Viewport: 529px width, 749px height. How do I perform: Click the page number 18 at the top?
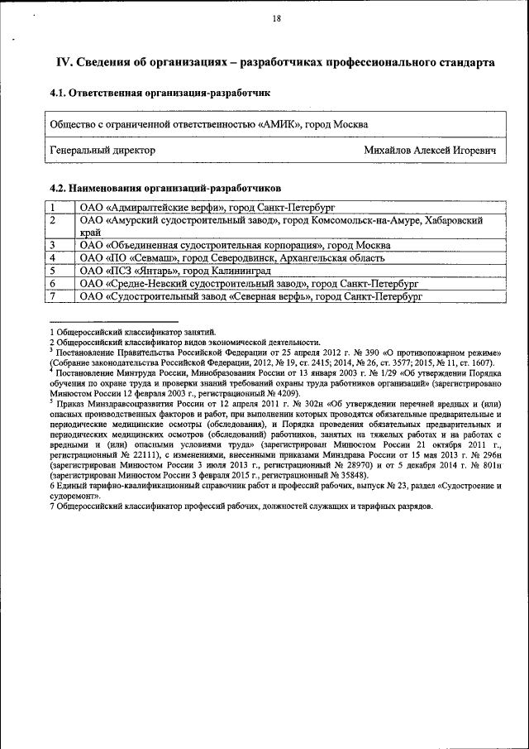click(275, 19)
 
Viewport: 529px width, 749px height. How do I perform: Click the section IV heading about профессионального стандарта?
click(275, 62)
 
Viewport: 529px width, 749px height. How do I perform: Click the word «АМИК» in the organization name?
click(279, 124)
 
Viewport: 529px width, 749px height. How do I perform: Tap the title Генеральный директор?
click(102, 151)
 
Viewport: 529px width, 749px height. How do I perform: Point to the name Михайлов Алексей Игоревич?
click(430, 151)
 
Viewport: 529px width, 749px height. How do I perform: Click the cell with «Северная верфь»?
click(250, 295)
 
